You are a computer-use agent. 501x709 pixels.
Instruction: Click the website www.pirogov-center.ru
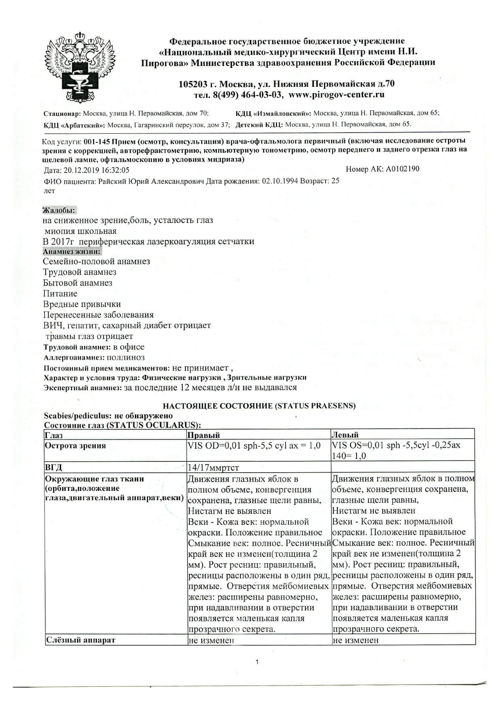[x=337, y=95]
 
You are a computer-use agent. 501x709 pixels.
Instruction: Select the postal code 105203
[x=193, y=84]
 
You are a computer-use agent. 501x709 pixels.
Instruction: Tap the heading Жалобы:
[x=59, y=210]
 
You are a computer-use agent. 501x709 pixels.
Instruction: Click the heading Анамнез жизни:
[x=72, y=251]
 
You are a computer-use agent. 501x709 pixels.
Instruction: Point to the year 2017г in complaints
[x=61, y=242]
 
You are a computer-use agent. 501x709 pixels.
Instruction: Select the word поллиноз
[x=126, y=358]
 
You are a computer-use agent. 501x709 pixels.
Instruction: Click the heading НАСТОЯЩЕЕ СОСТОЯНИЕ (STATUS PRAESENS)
[x=259, y=406]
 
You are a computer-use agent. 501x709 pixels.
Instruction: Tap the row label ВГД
[x=54, y=467]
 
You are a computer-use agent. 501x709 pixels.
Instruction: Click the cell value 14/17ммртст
[x=213, y=467]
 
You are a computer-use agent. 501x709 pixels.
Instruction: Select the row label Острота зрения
[x=75, y=446]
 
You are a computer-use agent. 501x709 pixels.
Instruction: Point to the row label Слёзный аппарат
[x=81, y=640]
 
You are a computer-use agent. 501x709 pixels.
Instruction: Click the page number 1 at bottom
[x=257, y=662]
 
